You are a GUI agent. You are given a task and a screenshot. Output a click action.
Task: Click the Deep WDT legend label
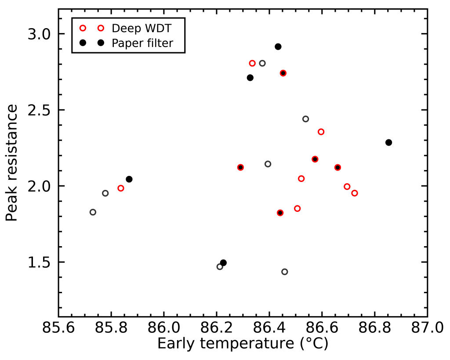(x=141, y=28)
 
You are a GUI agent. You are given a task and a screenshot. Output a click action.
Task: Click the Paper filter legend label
(x=142, y=43)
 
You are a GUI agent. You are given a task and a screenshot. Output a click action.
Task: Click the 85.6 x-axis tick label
(x=58, y=329)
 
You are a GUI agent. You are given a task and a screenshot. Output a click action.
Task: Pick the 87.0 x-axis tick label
(x=427, y=329)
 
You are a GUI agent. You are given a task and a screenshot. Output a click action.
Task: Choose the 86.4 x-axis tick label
(x=269, y=329)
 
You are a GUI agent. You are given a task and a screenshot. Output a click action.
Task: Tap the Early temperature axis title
(x=243, y=344)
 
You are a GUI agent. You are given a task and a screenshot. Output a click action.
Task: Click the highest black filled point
(x=278, y=47)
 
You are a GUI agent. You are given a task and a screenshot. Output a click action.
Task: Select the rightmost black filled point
(x=388, y=142)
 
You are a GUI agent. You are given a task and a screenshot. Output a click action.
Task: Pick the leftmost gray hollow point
(x=93, y=212)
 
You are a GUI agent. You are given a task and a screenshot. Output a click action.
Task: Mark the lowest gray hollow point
(x=285, y=272)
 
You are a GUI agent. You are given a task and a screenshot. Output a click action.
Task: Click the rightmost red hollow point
(x=355, y=193)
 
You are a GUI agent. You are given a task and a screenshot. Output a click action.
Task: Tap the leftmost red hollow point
(x=121, y=188)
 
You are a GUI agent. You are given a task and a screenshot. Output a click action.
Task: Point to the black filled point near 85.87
(x=129, y=179)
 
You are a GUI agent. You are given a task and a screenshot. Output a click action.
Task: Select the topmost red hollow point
(x=252, y=63)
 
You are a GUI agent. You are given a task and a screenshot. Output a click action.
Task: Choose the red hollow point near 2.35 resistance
(x=321, y=132)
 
